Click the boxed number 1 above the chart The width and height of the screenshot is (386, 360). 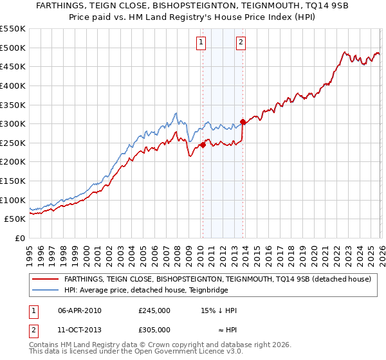tap(201, 43)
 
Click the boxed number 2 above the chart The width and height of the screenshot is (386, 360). tap(241, 43)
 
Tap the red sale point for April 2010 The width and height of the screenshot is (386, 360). tap(202, 145)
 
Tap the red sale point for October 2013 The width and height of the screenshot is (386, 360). tap(243, 122)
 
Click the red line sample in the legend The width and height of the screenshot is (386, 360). tap(45, 280)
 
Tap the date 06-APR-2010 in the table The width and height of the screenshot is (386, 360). tap(80, 310)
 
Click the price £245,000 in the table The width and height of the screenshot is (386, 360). tap(154, 310)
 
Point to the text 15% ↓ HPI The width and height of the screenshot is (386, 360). tap(219, 310)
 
